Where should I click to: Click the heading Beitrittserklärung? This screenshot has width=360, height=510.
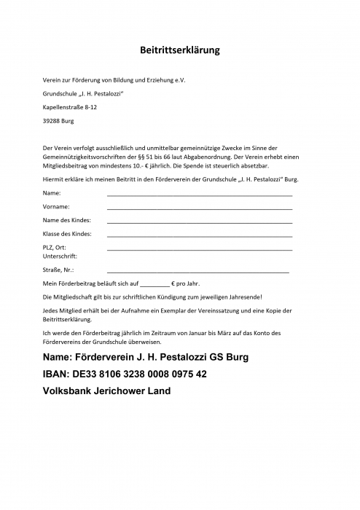pyautogui.click(x=179, y=50)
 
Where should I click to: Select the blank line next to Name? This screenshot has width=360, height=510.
pyautogui.click(x=199, y=196)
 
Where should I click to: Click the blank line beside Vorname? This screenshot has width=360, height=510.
pyautogui.click(x=199, y=209)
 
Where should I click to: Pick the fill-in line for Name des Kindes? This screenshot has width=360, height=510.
pyautogui.click(x=199, y=222)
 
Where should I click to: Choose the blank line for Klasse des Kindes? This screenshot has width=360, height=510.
pyautogui.click(x=199, y=236)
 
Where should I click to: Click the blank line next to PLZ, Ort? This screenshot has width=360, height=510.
pyautogui.click(x=199, y=250)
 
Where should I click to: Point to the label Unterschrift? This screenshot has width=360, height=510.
pyautogui.click(x=60, y=256)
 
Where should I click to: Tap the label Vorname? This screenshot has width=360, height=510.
pyautogui.click(x=57, y=207)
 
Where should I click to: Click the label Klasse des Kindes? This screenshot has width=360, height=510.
pyautogui.click(x=67, y=234)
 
